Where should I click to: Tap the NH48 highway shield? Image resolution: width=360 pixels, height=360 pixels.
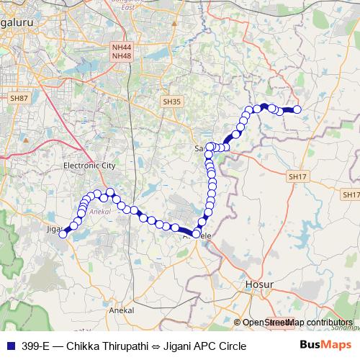[x=121, y=55]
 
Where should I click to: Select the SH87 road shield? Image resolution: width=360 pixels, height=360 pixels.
[x=19, y=97]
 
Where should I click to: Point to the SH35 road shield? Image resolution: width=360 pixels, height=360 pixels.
[x=172, y=102]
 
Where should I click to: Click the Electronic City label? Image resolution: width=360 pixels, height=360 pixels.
[x=89, y=166]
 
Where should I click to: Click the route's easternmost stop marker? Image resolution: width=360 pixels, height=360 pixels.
[x=296, y=110]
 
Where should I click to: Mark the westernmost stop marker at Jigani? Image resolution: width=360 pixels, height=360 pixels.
[x=63, y=233]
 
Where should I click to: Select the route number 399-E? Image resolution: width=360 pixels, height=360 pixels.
[x=35, y=346]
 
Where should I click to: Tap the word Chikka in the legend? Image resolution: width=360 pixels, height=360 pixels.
[x=82, y=346]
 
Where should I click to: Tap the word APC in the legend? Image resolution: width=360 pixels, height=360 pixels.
[x=203, y=346]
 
